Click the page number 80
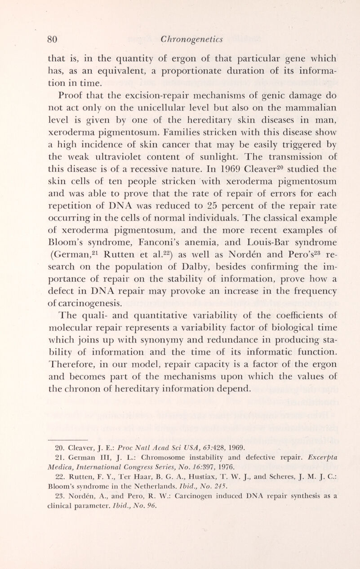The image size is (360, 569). [x=55, y=40]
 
